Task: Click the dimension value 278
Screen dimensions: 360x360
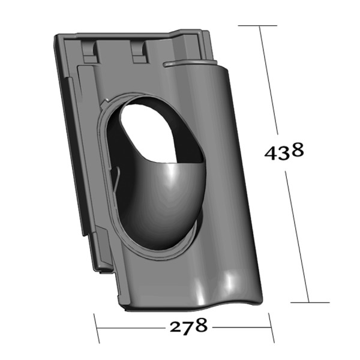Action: pos(188,327)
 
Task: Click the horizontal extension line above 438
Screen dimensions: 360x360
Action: pos(258,26)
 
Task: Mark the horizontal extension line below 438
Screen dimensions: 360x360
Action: pos(311,303)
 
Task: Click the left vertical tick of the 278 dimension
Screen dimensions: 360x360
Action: pos(97,327)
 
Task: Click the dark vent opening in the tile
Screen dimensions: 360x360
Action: pos(162,129)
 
